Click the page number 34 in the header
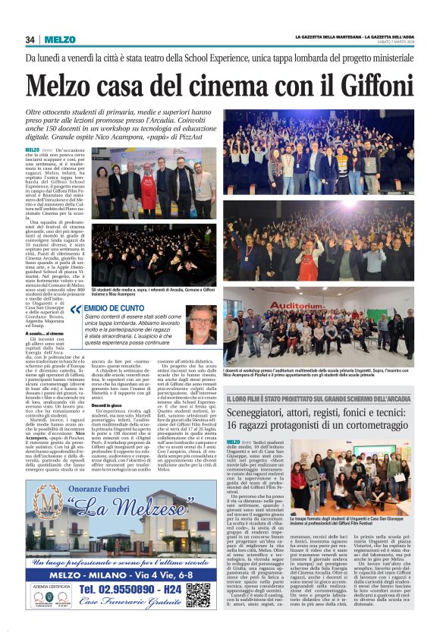point(30,39)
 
